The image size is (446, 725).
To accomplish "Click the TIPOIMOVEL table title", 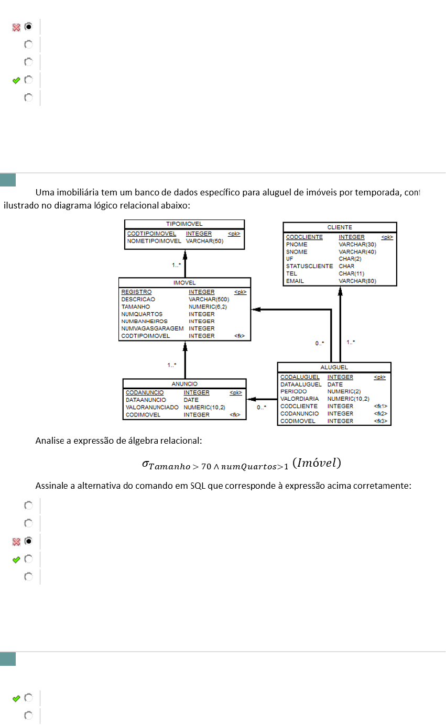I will [x=184, y=224].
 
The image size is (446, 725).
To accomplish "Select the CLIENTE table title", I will [x=340, y=227].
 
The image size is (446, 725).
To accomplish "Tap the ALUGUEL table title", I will [x=334, y=367].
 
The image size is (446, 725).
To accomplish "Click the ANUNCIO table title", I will [x=184, y=383].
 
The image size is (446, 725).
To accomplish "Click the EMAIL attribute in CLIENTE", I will [x=295, y=281].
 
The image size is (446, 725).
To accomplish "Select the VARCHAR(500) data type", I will [x=209, y=299].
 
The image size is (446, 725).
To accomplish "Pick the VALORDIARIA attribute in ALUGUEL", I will [x=299, y=399].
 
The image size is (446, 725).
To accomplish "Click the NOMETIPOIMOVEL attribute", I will [x=154, y=241].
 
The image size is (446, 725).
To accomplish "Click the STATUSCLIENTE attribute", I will [x=309, y=266].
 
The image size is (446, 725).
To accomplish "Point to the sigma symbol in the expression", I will [x=146, y=463].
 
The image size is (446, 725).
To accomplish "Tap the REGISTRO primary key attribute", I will [x=136, y=292].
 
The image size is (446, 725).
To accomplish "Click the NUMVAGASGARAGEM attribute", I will [x=152, y=328].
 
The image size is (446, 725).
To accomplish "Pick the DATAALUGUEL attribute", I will [x=301, y=385].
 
